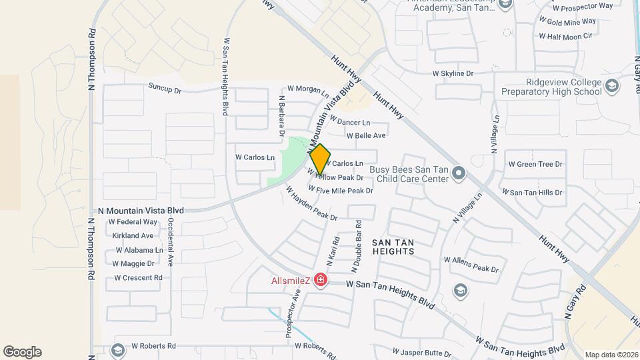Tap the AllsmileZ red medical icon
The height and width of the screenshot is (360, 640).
321,279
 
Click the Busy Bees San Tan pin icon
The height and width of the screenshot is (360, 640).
458,173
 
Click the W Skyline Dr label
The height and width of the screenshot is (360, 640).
453,73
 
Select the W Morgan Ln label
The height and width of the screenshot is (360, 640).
308,89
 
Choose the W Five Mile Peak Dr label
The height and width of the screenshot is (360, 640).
340,191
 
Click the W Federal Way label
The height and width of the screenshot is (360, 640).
133,221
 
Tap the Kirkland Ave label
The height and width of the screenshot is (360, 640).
133,235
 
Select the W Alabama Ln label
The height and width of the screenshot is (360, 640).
139,250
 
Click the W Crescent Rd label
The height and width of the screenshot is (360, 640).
138,278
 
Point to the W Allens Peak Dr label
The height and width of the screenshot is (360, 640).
471,264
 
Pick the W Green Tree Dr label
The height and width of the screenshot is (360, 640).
535,164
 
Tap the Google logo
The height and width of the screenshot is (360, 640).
22,352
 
